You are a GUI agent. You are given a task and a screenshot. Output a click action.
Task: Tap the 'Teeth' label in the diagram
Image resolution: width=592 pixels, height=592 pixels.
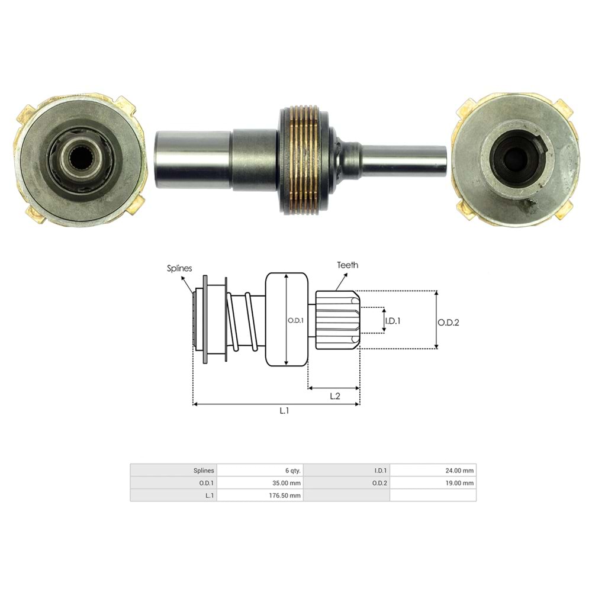click(348, 265)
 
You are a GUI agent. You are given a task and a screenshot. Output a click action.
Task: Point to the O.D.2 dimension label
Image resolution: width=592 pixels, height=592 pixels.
click(449, 322)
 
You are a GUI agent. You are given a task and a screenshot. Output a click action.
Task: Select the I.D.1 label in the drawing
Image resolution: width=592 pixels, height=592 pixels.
click(394, 321)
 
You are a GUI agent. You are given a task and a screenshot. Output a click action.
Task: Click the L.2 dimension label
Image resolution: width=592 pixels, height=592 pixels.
click(334, 396)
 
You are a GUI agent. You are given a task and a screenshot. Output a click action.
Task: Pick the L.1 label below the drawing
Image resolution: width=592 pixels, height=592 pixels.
click(284, 411)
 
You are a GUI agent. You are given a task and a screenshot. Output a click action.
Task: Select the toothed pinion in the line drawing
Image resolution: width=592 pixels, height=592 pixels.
click(336, 320)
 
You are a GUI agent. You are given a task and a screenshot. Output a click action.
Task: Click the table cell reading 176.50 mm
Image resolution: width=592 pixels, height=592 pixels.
click(260, 495)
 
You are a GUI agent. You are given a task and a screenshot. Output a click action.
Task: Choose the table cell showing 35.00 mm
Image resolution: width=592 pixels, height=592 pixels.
click(260, 483)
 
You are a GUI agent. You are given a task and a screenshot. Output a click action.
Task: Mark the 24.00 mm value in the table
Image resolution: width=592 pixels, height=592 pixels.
click(433, 471)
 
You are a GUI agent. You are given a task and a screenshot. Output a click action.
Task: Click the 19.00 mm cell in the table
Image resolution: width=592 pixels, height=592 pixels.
click(433, 483)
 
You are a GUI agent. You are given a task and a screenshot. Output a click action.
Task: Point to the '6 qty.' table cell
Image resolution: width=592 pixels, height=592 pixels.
click(260, 471)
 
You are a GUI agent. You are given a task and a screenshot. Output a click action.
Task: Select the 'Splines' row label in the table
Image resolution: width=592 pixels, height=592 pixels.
click(173, 471)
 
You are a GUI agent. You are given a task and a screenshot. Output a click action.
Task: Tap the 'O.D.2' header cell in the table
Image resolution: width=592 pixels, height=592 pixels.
click(347, 483)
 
